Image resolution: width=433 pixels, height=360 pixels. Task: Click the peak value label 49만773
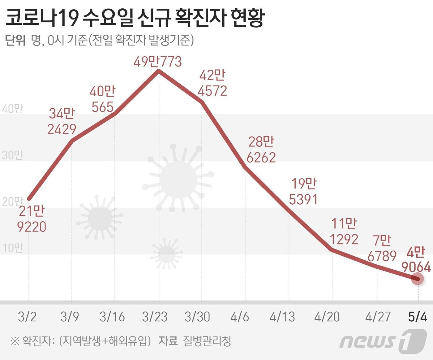click(x=158, y=62)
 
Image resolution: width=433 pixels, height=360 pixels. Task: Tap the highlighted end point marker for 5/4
click(x=418, y=279)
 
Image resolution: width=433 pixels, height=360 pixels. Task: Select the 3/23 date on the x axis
click(x=155, y=317)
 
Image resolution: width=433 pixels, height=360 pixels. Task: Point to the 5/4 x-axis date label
click(x=418, y=317)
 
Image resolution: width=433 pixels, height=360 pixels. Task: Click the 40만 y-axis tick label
click(x=12, y=109)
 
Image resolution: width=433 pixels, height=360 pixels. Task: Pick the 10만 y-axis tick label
click(x=12, y=248)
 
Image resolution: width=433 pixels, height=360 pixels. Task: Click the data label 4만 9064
click(x=416, y=260)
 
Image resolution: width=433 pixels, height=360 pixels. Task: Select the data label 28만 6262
click(x=261, y=150)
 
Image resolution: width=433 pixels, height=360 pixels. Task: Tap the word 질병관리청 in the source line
click(x=207, y=341)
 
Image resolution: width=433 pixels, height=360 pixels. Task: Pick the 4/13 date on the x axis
click(x=282, y=317)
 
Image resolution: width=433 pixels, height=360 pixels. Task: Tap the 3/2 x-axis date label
click(x=27, y=317)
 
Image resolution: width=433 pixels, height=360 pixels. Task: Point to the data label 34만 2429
click(x=62, y=121)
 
